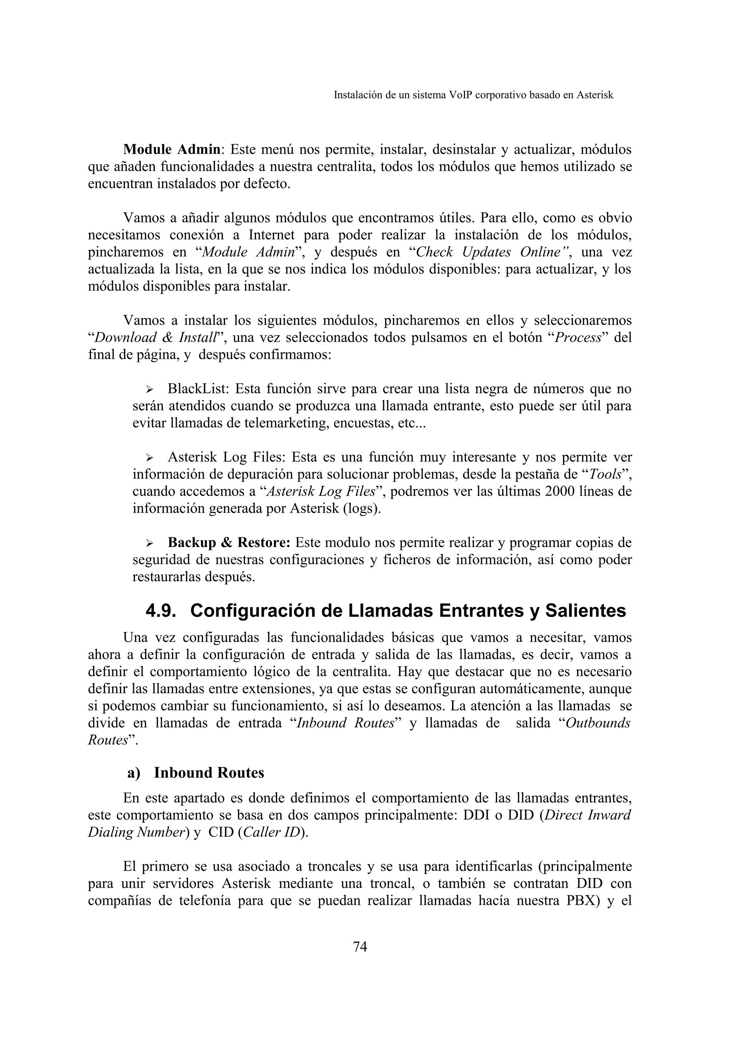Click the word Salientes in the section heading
coord(585,611)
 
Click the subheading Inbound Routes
coord(209,773)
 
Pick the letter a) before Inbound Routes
coord(134,773)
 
